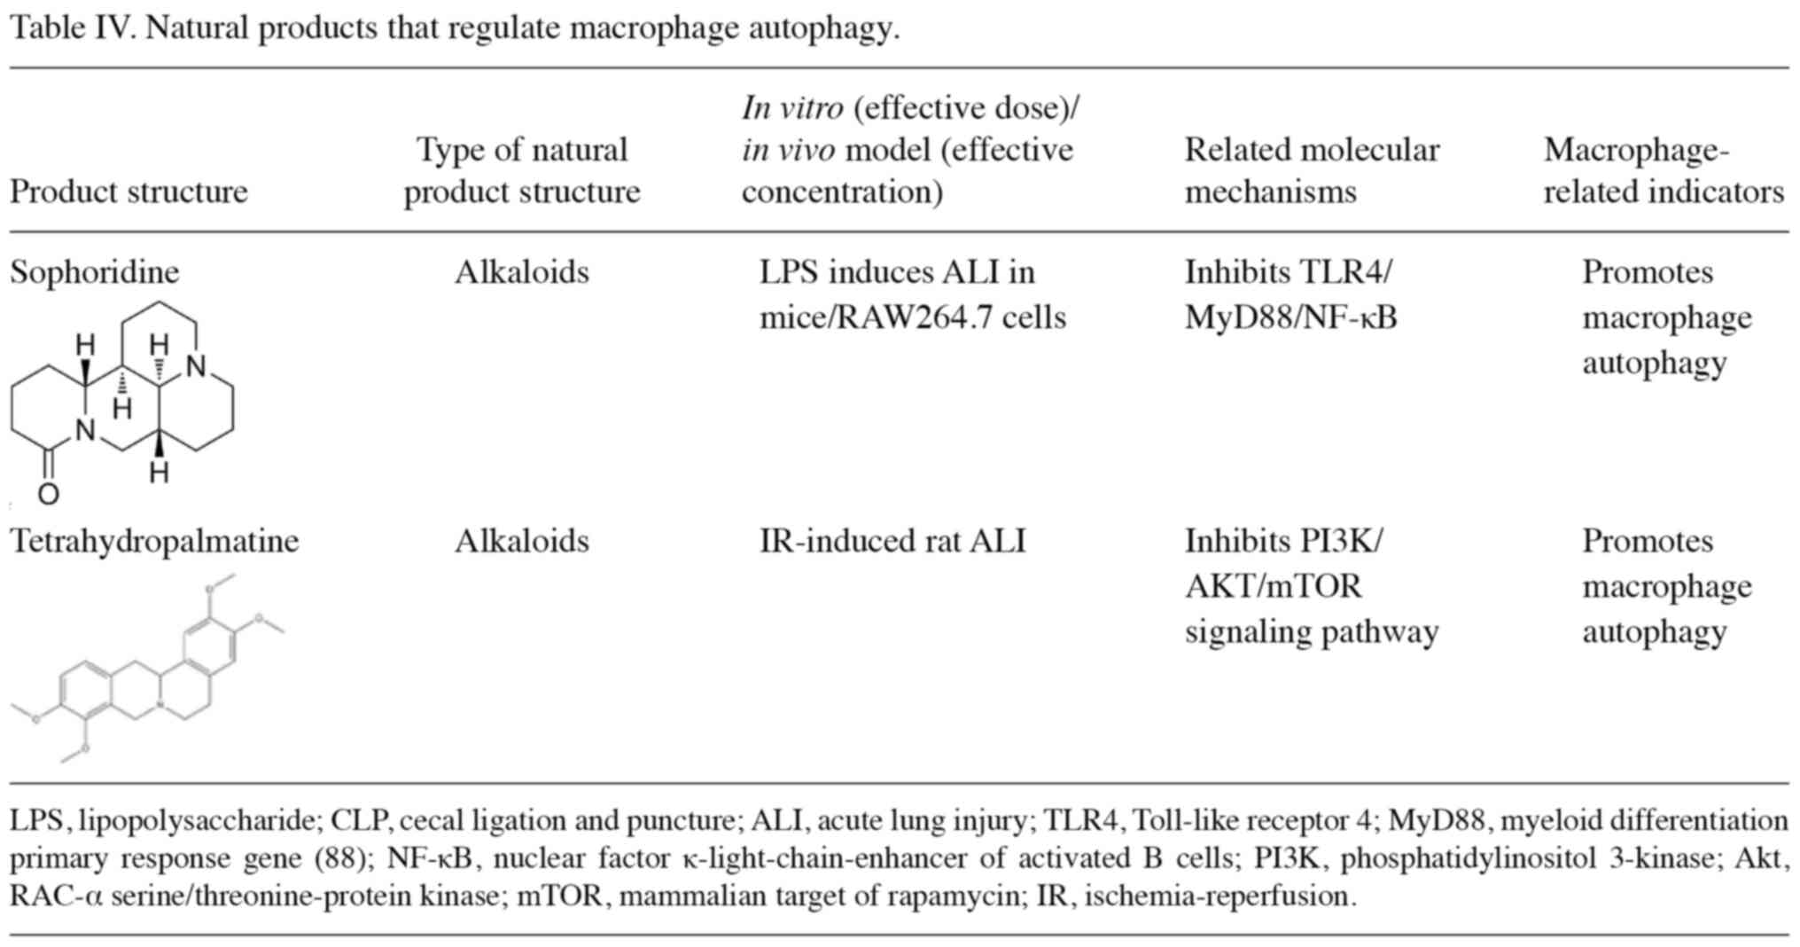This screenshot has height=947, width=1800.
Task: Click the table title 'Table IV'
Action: point(71,28)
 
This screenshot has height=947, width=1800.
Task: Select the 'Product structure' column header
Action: point(129,192)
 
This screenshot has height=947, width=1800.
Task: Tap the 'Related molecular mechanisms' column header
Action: point(1311,170)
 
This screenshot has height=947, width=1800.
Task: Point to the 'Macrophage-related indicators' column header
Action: point(1663,170)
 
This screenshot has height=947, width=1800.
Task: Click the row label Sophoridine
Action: point(94,271)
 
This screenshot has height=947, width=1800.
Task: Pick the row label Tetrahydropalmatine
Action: point(154,541)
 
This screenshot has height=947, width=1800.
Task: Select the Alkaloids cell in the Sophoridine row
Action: point(521,271)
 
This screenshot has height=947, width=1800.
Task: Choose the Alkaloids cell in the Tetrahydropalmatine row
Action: point(521,541)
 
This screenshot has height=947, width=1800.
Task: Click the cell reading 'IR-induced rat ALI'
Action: point(892,541)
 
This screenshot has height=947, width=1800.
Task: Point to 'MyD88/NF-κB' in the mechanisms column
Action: point(1290,317)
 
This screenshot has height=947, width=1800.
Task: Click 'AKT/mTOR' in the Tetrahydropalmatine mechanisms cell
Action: point(1273,586)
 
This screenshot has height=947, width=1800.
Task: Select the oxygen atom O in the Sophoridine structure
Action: point(49,494)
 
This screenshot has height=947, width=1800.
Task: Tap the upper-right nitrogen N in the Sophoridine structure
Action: point(196,366)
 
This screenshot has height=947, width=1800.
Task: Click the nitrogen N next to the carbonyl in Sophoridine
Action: point(85,431)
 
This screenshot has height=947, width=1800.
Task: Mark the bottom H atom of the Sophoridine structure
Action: point(159,473)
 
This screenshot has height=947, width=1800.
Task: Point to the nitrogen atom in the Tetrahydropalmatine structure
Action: point(160,706)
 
